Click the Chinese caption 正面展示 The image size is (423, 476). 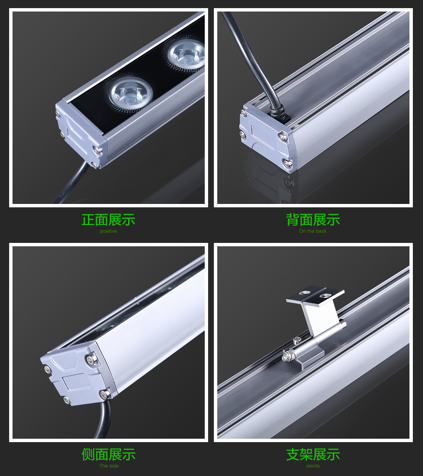(108, 220)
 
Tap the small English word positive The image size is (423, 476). (108, 231)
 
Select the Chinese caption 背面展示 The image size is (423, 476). (313, 220)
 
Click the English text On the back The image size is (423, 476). (313, 231)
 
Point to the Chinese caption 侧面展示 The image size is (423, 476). (108, 454)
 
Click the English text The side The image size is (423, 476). (109, 465)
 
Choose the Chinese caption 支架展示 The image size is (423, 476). (313, 454)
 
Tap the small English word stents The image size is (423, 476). (313, 465)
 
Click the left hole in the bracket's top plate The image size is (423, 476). (304, 293)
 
